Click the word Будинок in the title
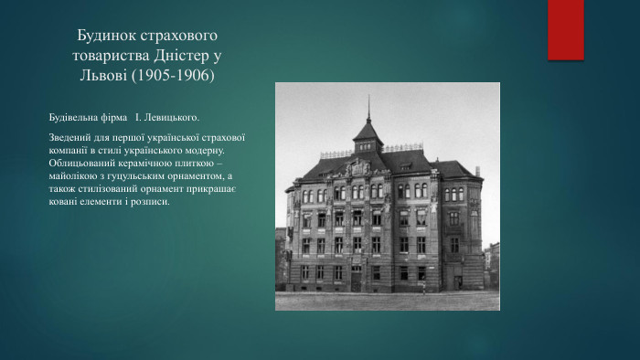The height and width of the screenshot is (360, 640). [107, 37]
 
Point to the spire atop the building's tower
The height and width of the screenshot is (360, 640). [368, 107]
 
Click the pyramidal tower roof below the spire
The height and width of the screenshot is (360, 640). [368, 132]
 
